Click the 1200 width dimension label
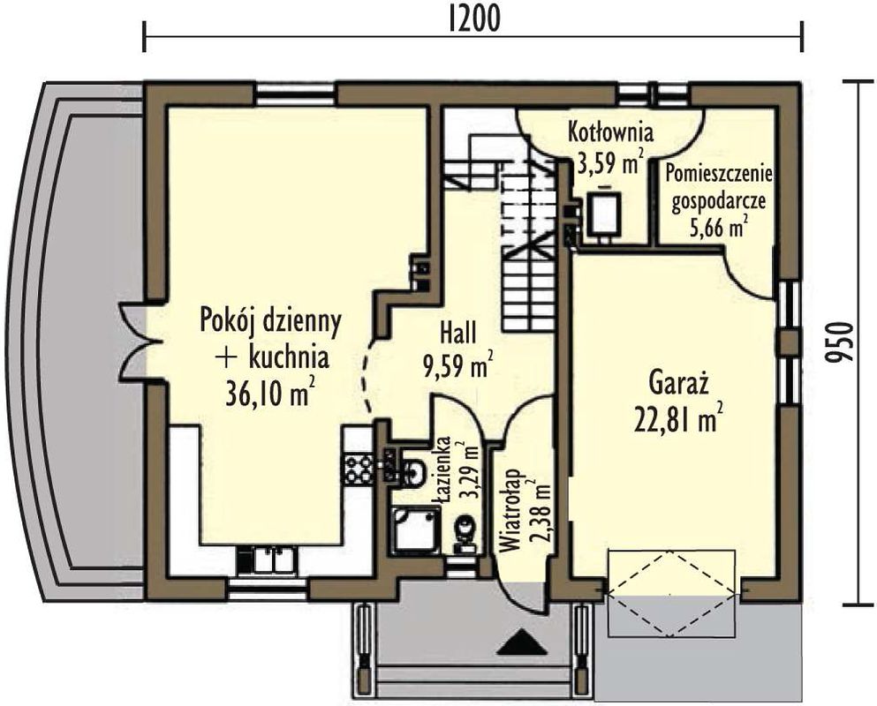click(x=473, y=19)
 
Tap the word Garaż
click(x=679, y=383)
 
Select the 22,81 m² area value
click(x=676, y=418)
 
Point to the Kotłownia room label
click(x=611, y=132)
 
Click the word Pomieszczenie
click(x=719, y=175)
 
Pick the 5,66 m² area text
click(x=719, y=228)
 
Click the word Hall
click(x=458, y=334)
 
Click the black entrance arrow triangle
click(x=522, y=642)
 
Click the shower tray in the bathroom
click(x=416, y=529)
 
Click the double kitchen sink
click(x=274, y=560)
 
